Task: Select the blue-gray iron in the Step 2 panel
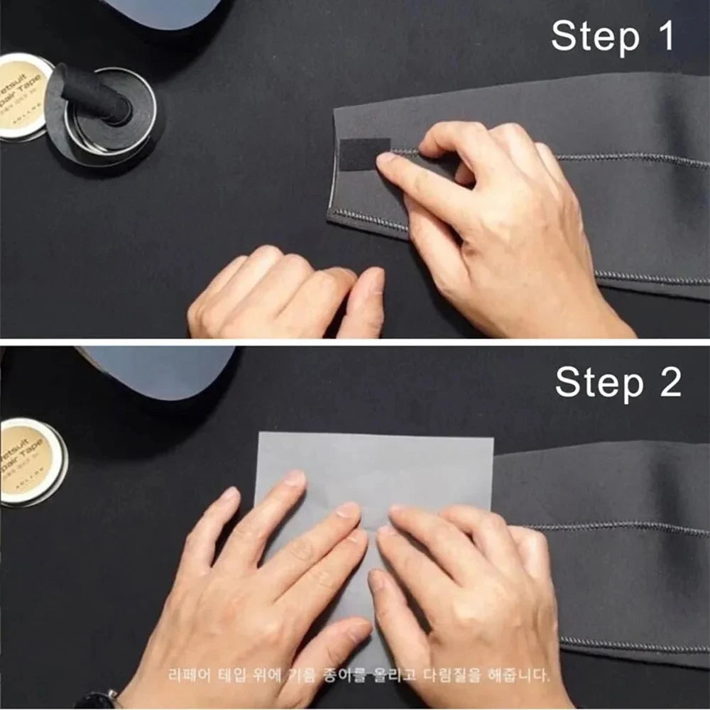(160, 369)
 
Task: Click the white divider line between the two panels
(355, 342)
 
